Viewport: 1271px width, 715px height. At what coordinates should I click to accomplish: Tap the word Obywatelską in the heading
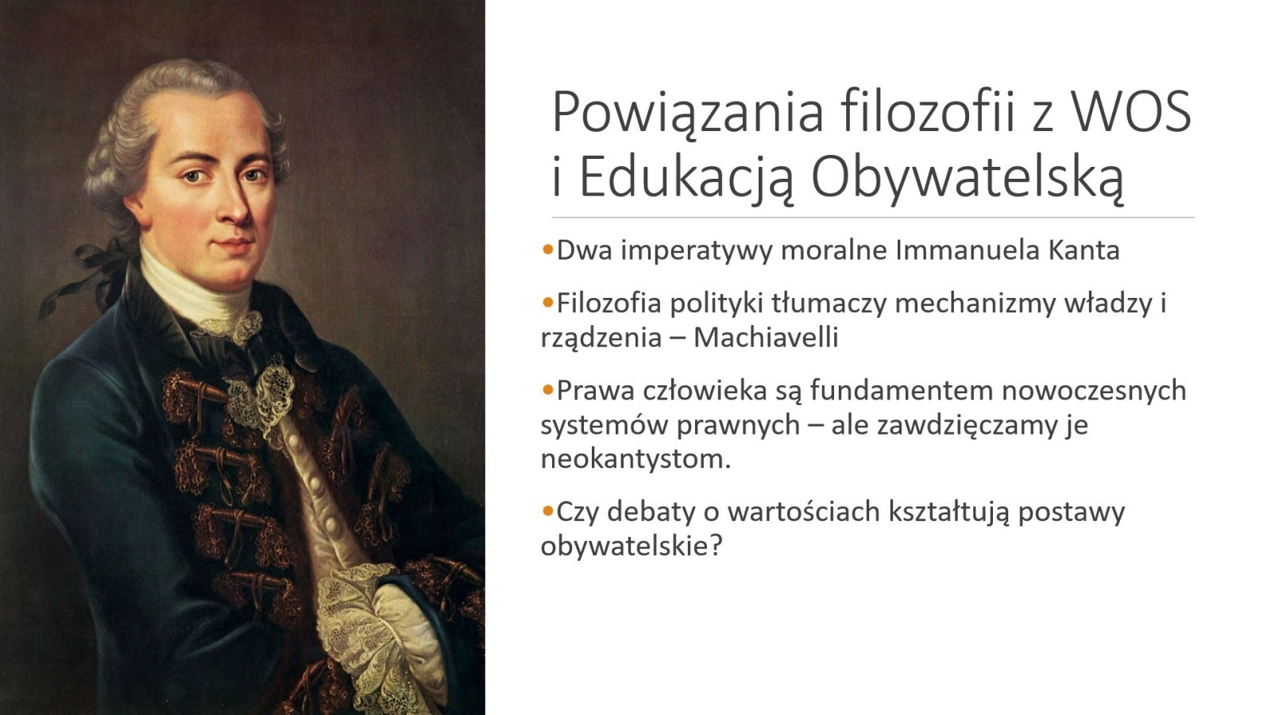tap(967, 177)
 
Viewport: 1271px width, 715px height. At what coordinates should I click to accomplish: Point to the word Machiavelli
tap(766, 338)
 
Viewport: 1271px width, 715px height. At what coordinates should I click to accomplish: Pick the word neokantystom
tap(635, 459)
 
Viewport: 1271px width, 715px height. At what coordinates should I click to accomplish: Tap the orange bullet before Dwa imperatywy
tap(547, 249)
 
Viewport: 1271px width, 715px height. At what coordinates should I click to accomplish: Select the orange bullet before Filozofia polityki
tap(547, 302)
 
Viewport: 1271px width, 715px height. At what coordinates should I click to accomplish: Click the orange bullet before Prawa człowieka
tap(547, 389)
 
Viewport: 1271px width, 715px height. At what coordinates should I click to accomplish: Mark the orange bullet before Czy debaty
tap(547, 510)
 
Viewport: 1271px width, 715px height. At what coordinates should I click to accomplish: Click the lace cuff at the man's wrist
tap(363, 624)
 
